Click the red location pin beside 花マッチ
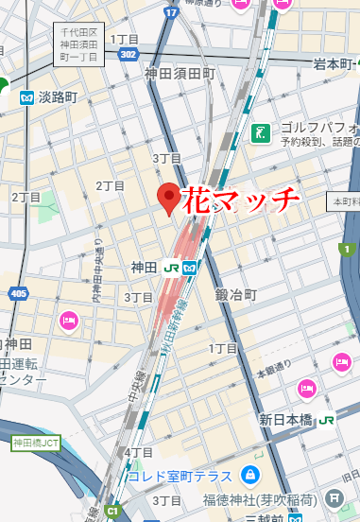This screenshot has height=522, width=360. click(x=169, y=198)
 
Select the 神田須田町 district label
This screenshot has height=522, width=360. click(x=180, y=73)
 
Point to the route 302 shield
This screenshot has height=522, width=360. click(x=129, y=55)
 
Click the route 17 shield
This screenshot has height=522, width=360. click(x=171, y=12)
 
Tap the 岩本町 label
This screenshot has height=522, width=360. click(x=336, y=64)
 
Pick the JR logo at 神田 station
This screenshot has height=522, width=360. click(x=172, y=268)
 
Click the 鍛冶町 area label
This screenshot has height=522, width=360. click(x=235, y=295)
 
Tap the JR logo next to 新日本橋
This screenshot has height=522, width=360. click(x=327, y=419)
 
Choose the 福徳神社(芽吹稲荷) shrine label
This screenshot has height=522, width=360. click(x=262, y=497)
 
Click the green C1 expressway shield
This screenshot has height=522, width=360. click(x=113, y=512)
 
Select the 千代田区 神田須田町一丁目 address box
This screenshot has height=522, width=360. click(x=79, y=43)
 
